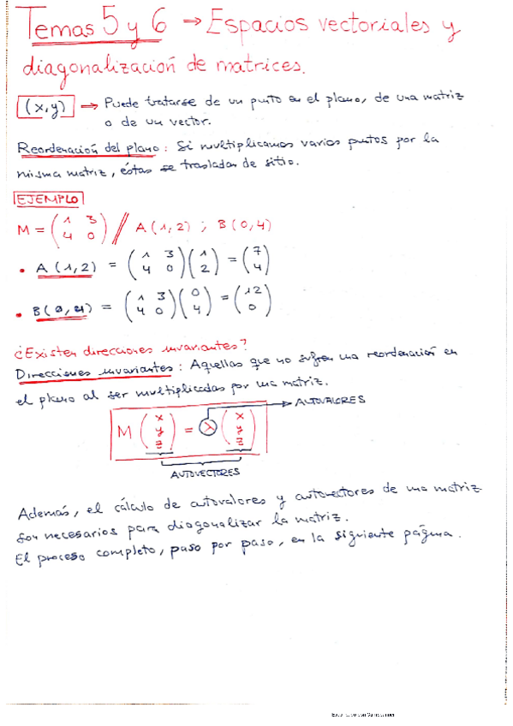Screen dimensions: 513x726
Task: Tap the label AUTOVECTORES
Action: pos(206,472)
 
